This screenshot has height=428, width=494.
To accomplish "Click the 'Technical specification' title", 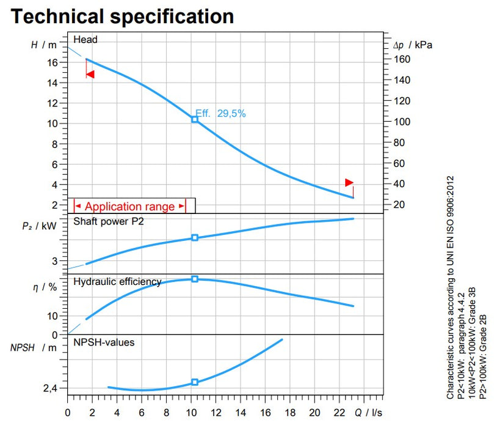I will [122, 16].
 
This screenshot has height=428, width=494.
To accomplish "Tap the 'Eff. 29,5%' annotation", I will [220, 113].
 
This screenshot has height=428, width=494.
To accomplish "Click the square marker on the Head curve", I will [195, 119].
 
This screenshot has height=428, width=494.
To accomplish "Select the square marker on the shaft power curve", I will [195, 237].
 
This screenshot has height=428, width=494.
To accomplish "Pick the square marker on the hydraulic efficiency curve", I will [195, 279].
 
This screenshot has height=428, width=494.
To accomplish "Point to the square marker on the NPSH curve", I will [195, 382].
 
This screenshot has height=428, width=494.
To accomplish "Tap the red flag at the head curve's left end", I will [90, 74].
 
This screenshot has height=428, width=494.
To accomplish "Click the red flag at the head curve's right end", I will [349, 182].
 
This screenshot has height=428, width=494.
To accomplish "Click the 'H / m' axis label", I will [43, 45].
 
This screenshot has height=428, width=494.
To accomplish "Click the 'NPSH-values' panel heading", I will [104, 342].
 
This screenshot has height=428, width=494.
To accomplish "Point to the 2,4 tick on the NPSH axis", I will [51, 388].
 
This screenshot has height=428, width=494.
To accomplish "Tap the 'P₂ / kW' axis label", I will [39, 226].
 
